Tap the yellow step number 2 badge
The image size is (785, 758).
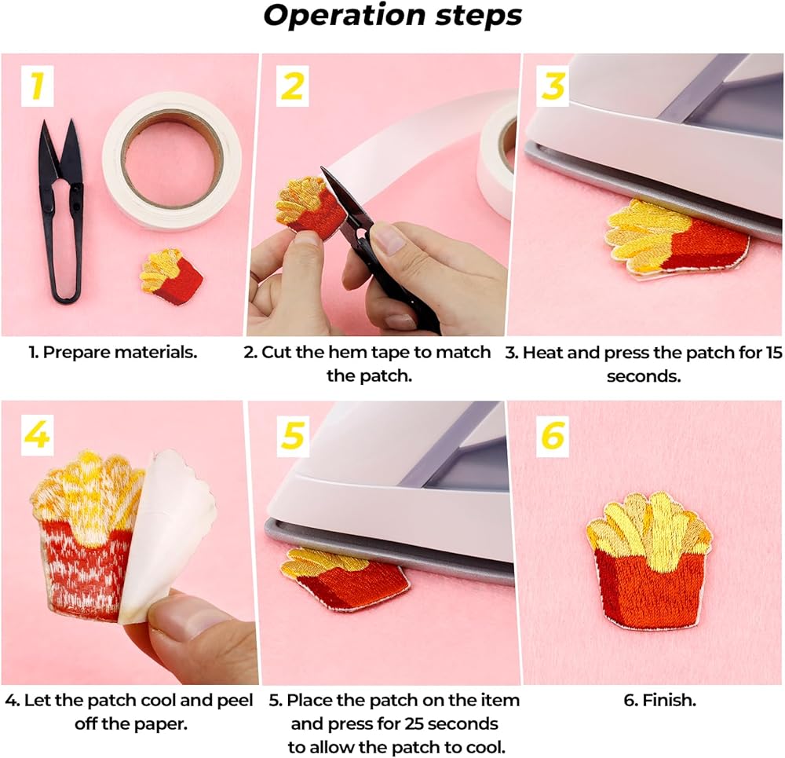[x=292, y=86]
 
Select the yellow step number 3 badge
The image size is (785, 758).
[x=553, y=86]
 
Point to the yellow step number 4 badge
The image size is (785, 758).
[x=37, y=435]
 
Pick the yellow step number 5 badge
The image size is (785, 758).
[x=293, y=435]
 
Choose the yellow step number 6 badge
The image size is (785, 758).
[x=553, y=435]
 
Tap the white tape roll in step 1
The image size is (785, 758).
[x=172, y=161]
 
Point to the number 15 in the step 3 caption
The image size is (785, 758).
[x=773, y=352]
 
